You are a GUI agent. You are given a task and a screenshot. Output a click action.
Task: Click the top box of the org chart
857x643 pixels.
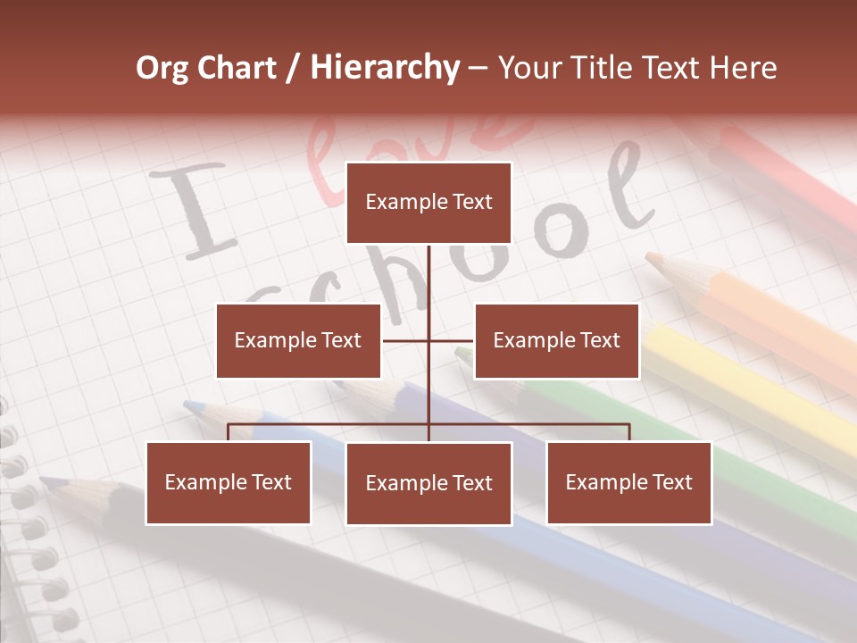[428, 203]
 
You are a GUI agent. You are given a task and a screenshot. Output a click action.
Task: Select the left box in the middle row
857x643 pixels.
[298, 340]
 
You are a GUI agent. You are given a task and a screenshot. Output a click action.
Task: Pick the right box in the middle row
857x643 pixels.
[556, 340]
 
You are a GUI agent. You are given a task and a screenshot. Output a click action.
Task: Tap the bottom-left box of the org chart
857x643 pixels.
[229, 482]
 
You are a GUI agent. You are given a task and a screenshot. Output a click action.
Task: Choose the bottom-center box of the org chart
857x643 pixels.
[428, 483]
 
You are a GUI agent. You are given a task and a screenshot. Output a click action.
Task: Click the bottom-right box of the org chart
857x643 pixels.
[628, 482]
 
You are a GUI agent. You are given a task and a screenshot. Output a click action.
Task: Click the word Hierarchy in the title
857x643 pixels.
[385, 68]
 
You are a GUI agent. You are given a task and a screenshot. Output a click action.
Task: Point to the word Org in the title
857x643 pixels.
[162, 68]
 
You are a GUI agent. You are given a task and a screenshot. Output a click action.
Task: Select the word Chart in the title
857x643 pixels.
[236, 68]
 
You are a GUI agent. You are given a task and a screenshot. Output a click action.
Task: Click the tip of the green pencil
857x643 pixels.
[461, 352]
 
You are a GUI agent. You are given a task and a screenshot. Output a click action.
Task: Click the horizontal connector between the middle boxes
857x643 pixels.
[428, 340]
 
